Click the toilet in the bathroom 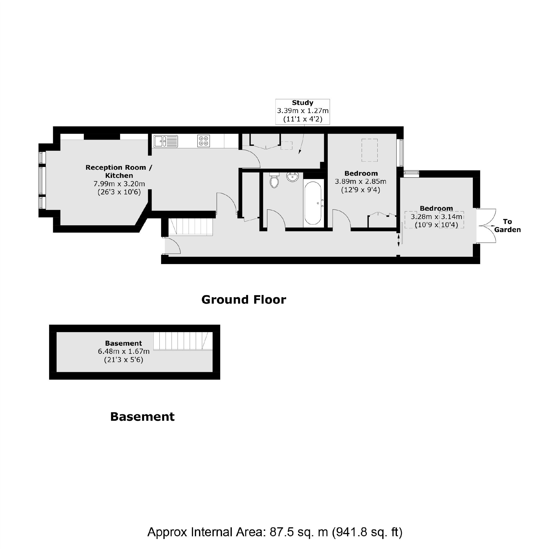(274, 181)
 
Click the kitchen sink (165, 141)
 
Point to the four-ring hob (203, 141)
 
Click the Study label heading (302, 103)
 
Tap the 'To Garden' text (507, 226)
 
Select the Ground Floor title (243, 300)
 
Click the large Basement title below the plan (142, 417)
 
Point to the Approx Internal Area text (274, 532)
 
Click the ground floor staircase (190, 226)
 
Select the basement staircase (183, 341)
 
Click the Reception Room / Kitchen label (119, 171)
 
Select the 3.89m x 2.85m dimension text (360, 182)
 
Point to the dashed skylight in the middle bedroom (370, 150)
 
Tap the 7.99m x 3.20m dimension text (119, 184)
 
